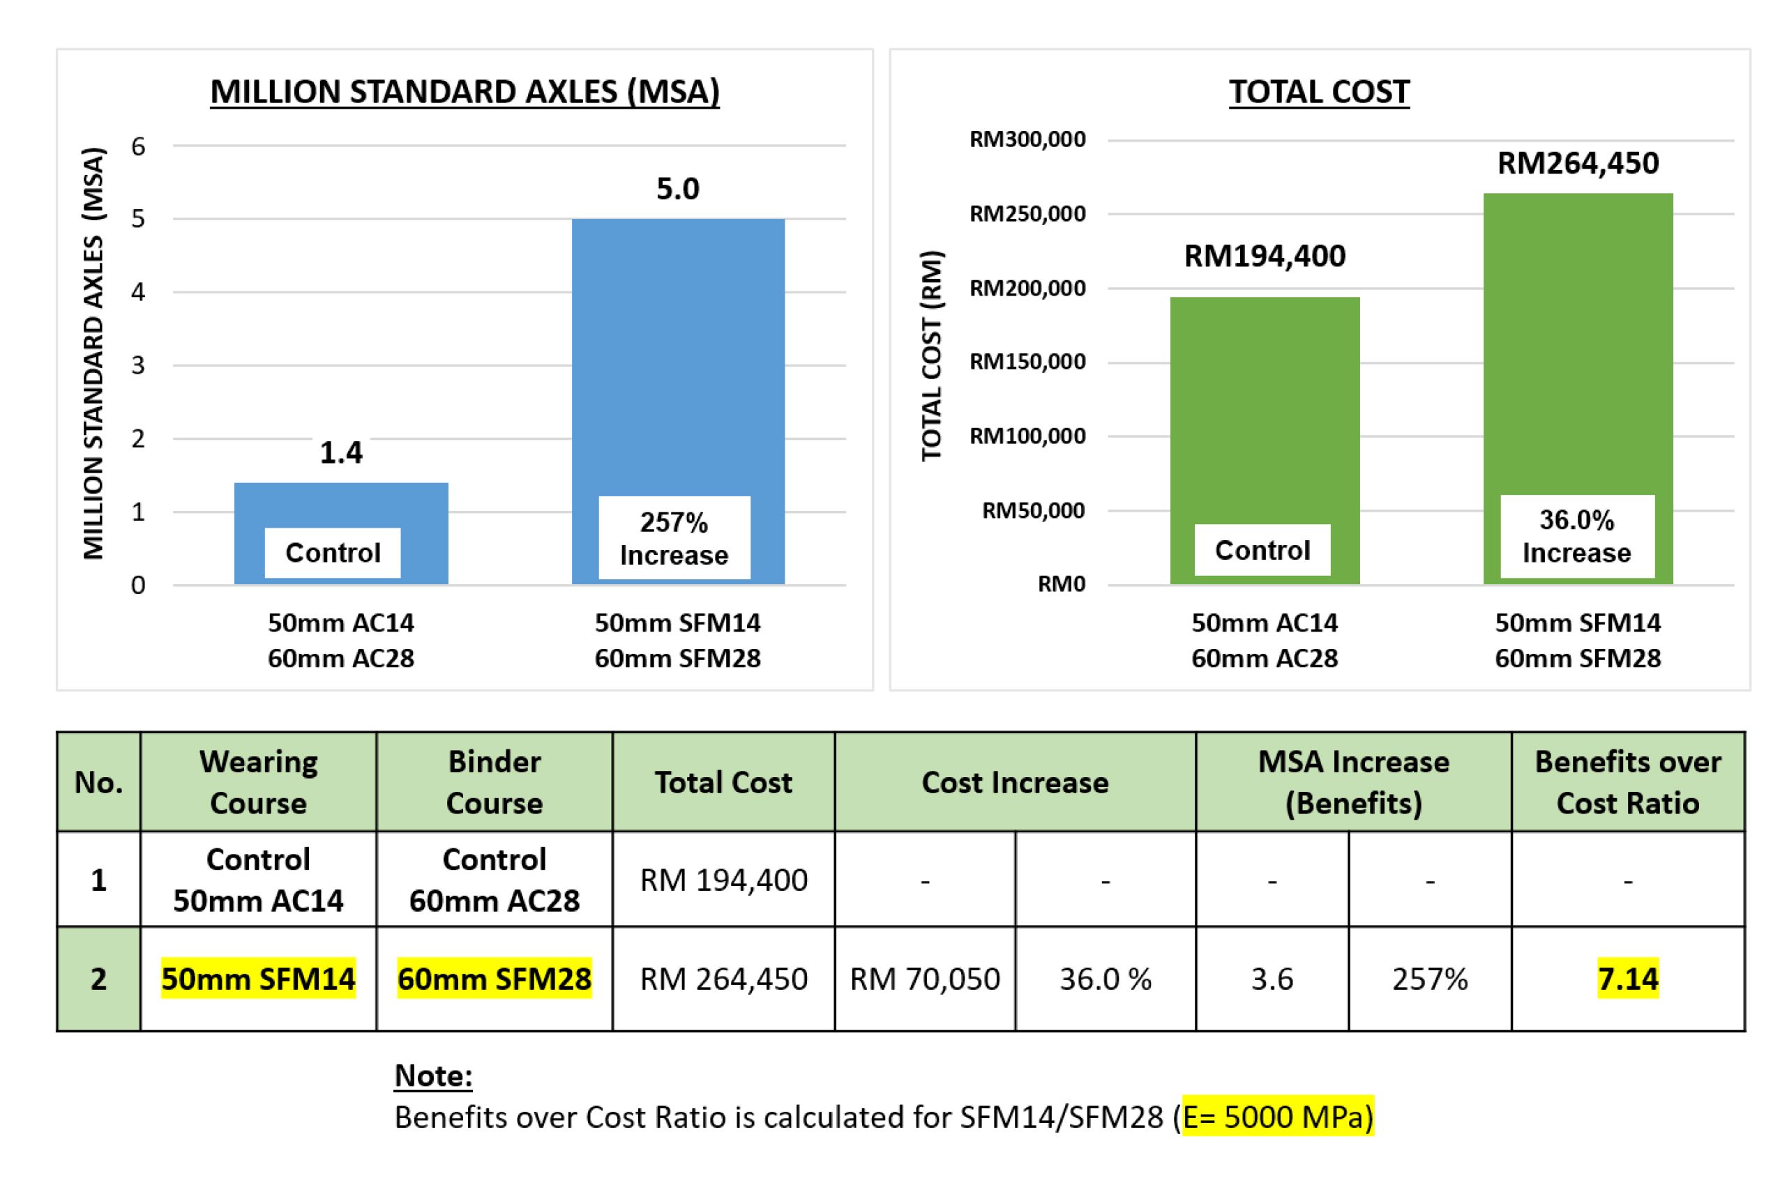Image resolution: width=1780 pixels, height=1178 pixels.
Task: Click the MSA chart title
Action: pos(464,91)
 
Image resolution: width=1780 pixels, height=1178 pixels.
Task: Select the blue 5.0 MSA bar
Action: pos(677,353)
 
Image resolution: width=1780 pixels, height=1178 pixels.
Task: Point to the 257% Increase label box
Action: pos(674,538)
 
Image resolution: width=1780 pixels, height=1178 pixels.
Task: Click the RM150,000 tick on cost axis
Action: pos(1027,362)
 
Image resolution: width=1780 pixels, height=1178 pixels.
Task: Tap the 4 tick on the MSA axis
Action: pos(137,291)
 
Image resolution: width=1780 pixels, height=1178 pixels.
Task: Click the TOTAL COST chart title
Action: pos(1318,91)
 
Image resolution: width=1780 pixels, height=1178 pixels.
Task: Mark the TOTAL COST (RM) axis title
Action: pos(931,355)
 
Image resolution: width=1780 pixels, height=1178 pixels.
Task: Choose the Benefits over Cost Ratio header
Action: pos(1627,782)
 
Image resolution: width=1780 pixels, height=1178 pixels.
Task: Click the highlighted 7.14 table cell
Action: pos(1627,978)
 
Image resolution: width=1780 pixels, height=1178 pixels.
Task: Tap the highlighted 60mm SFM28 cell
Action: pos(494,978)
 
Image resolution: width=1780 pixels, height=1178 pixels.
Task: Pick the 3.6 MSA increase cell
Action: pos(1271,979)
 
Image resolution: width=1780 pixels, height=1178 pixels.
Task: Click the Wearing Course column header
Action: pos(258,782)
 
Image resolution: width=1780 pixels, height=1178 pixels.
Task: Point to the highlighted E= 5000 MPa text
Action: pos(1277,1117)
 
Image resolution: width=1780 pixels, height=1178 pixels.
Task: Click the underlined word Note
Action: pos(433,1075)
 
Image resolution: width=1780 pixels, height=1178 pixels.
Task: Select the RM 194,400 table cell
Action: pos(723,880)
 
